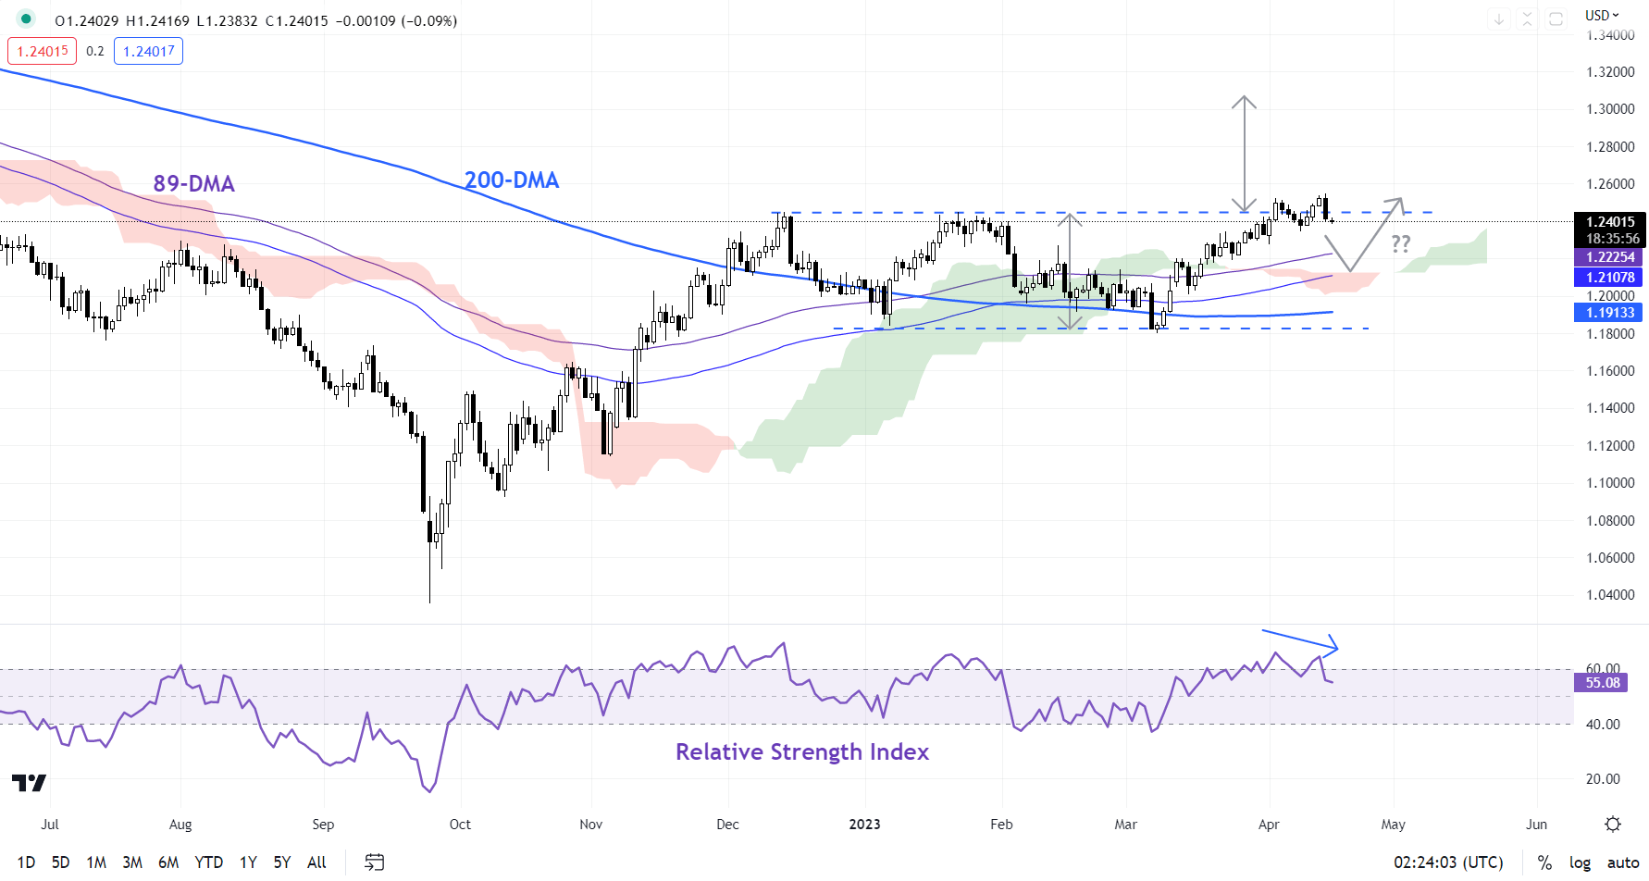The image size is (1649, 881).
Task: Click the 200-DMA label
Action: [x=512, y=180]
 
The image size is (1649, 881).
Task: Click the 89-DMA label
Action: [x=193, y=183]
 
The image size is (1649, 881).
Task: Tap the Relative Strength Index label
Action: [x=801, y=751]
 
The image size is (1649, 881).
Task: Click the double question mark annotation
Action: [x=1401, y=243]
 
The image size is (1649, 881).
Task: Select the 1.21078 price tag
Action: [x=1610, y=277]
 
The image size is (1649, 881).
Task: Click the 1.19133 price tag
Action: [x=1610, y=313]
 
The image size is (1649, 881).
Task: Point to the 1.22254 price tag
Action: [x=1610, y=257]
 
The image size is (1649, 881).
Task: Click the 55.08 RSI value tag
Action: [x=1603, y=683]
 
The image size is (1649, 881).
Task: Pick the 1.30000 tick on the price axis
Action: [x=1610, y=109]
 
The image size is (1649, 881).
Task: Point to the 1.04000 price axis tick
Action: [x=1610, y=595]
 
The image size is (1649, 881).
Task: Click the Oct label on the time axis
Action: [x=460, y=825]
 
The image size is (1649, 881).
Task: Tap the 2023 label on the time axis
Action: [x=865, y=825]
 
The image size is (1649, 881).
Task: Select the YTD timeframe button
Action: [x=208, y=862]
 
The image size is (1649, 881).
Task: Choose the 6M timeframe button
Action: [x=168, y=862]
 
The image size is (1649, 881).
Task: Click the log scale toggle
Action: [x=1580, y=862]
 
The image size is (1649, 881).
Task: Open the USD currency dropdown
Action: [x=1602, y=15]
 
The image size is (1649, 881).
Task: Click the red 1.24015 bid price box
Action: [x=43, y=51]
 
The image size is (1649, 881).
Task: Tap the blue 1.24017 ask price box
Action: [x=148, y=51]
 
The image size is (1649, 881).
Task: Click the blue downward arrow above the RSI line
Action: [x=1300, y=639]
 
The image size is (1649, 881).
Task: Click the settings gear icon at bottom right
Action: [x=1613, y=825]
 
